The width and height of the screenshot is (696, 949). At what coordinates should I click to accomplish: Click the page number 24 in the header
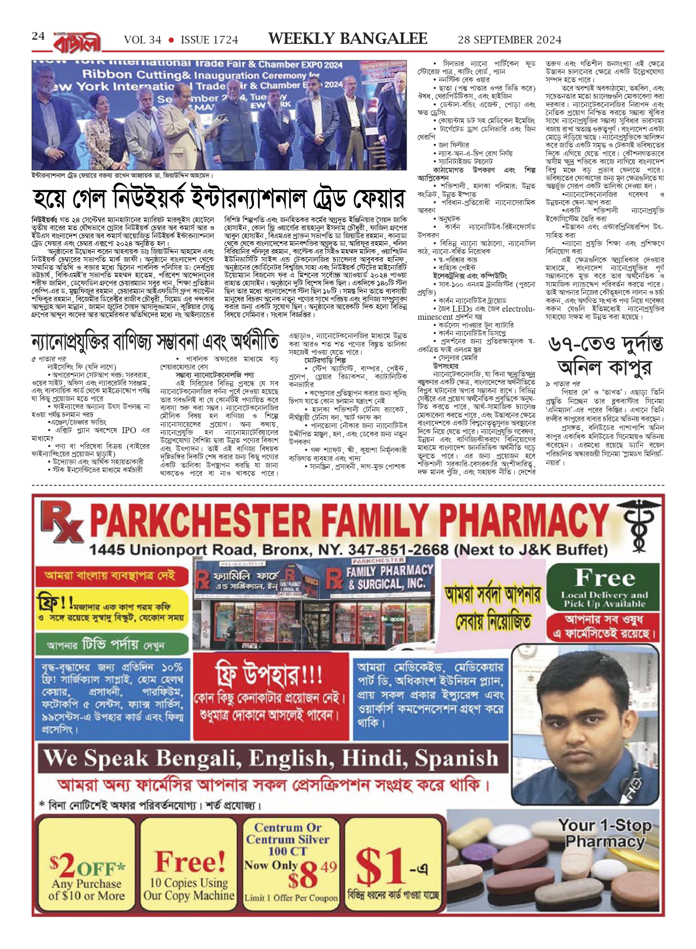tap(38, 36)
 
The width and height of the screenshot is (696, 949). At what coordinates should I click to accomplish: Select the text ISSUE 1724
tap(209, 40)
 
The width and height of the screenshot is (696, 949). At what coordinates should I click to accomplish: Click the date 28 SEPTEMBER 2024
tap(510, 40)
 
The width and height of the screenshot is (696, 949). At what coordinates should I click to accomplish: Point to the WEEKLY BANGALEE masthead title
tap(348, 39)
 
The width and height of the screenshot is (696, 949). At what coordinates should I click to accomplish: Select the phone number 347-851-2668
tap(398, 550)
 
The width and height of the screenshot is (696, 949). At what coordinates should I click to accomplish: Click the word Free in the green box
tap(605, 577)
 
